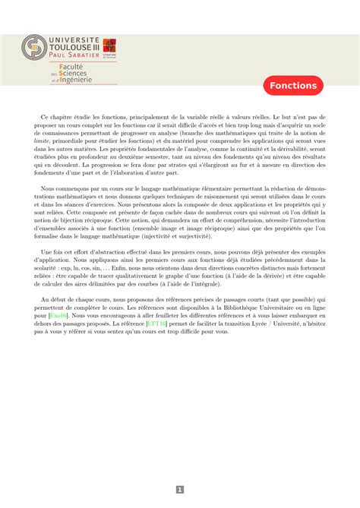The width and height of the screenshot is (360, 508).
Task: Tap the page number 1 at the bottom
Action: click(180, 490)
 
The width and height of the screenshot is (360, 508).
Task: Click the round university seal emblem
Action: click(33, 48)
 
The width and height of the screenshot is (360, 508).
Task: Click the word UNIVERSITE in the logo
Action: click(74, 38)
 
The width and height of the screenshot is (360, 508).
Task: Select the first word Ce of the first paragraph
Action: click(44, 118)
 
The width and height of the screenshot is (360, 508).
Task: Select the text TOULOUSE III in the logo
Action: click(74, 46)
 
